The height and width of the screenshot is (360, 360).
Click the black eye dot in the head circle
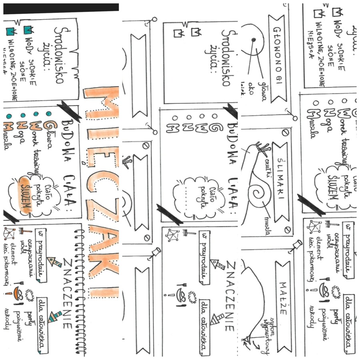click(x=253, y=40)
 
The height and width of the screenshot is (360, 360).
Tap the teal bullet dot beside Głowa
click(x=48, y=114)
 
